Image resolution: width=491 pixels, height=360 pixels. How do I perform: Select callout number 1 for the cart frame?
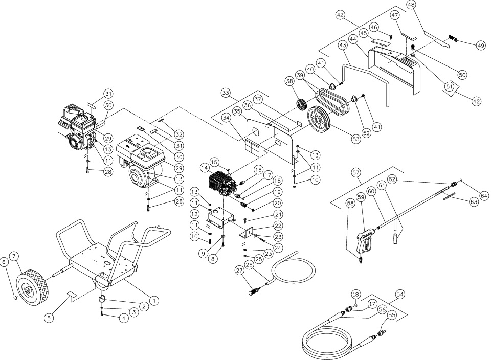pyautogui.click(x=154, y=301)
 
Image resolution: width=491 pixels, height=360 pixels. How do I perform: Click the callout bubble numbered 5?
pyautogui.click(x=49, y=318)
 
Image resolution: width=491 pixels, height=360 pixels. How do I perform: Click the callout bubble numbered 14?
pyautogui.click(x=204, y=168)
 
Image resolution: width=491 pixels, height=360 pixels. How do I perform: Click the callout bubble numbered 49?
pyautogui.click(x=480, y=46)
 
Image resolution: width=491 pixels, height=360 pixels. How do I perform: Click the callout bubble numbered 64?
pyautogui.click(x=484, y=196)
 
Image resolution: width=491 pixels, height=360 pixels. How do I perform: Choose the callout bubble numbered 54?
pyautogui.click(x=400, y=294)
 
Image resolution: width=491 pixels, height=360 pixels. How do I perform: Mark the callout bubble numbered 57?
pyautogui.click(x=356, y=172)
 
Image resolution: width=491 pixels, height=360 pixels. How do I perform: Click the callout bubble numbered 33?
pyautogui.click(x=225, y=93)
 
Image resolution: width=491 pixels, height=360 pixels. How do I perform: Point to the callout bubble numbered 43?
pyautogui.click(x=343, y=45)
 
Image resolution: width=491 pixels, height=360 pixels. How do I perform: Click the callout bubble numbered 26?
pyautogui.click(x=249, y=265)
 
